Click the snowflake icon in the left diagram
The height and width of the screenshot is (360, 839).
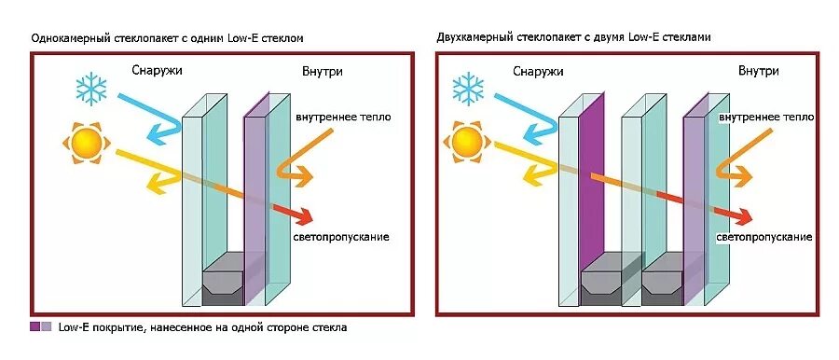click(x=90, y=90)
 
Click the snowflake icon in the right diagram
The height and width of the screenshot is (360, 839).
click(x=469, y=90)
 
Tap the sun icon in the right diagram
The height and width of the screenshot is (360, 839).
click(x=464, y=143)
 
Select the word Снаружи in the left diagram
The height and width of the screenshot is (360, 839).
click(x=157, y=71)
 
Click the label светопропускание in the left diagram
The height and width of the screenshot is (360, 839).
click(x=341, y=237)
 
